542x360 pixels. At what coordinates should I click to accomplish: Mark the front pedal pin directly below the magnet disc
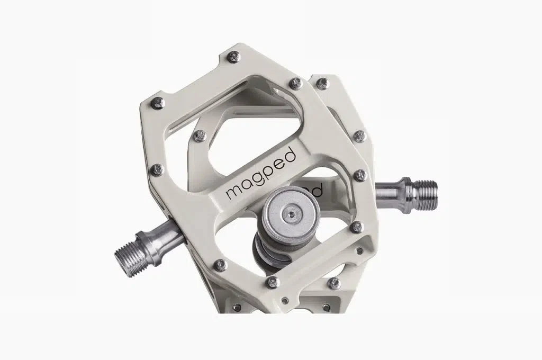point(273,282)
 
